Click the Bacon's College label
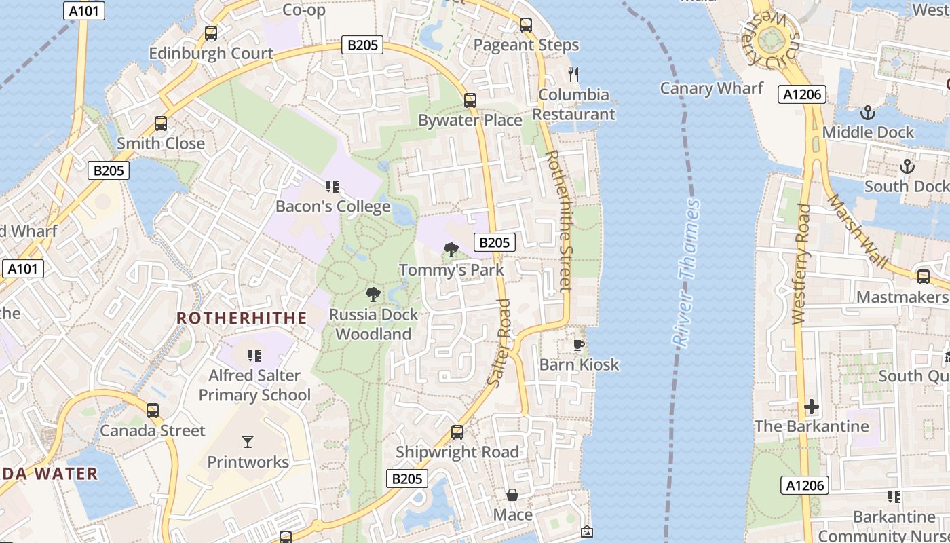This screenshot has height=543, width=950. [332, 206]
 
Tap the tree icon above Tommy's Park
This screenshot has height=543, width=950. [450, 250]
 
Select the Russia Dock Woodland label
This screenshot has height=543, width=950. [373, 324]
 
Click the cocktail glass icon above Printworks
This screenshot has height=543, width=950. [248, 442]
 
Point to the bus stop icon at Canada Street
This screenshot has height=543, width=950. [153, 411]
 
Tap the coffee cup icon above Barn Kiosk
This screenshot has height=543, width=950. [579, 345]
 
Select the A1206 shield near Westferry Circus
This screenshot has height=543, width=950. [802, 94]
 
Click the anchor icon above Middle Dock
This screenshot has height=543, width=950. [867, 113]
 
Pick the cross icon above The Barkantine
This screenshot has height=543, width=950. [812, 407]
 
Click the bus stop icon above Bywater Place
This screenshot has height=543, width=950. [470, 100]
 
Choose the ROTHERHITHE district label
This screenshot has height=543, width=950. [242, 318]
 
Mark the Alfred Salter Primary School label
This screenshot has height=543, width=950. [254, 386]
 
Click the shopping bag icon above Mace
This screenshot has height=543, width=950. [512, 495]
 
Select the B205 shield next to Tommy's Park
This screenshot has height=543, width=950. [494, 242]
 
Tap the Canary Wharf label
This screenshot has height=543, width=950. [711, 88]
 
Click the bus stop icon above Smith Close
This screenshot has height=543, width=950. [161, 124]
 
